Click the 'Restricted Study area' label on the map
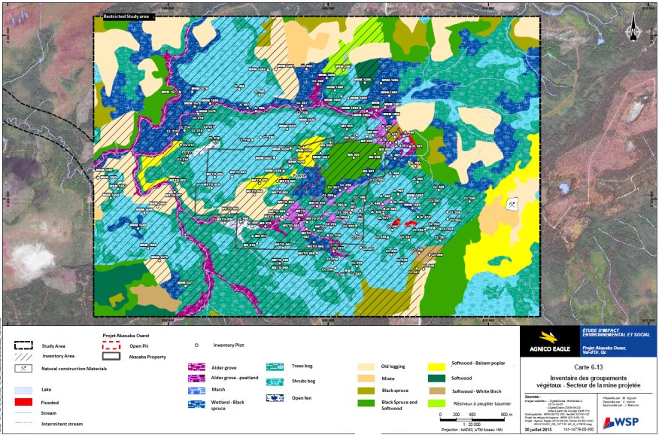pyautogui.click(x=125, y=16)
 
